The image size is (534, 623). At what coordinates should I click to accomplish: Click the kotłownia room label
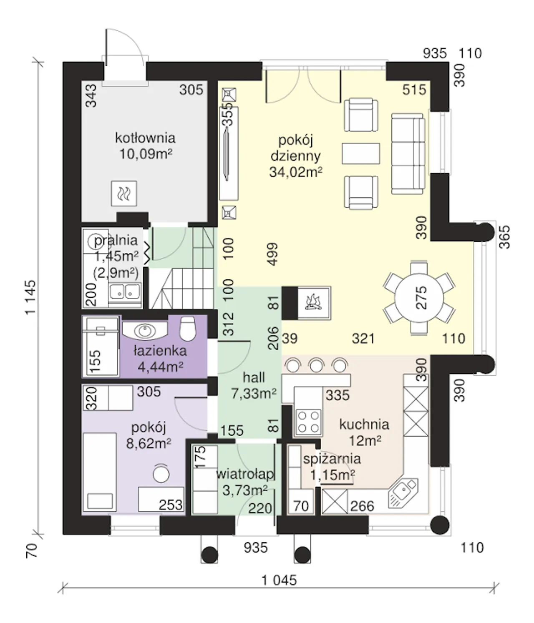coord(145,138)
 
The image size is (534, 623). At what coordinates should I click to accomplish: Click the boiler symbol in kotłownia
coord(124,193)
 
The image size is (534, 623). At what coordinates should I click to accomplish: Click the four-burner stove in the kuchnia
coord(308,422)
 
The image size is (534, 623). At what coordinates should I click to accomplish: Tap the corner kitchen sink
coord(403,492)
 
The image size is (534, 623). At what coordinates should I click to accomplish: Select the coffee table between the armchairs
coord(361,153)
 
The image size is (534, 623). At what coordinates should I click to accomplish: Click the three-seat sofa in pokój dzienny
coord(408,154)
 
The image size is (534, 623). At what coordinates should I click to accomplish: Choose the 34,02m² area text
coord(295,172)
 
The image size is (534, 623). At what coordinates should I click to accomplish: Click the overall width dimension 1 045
coord(279,580)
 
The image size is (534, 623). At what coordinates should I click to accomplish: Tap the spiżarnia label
coord(332,459)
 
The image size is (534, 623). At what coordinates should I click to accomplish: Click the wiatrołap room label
coord(245,474)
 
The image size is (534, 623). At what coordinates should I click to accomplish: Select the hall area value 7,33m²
coord(254,393)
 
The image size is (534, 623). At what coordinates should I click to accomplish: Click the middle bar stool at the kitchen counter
coord(317,366)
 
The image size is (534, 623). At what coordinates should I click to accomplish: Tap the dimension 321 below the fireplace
coord(363,339)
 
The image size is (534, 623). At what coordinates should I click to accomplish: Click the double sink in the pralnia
coord(125,291)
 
